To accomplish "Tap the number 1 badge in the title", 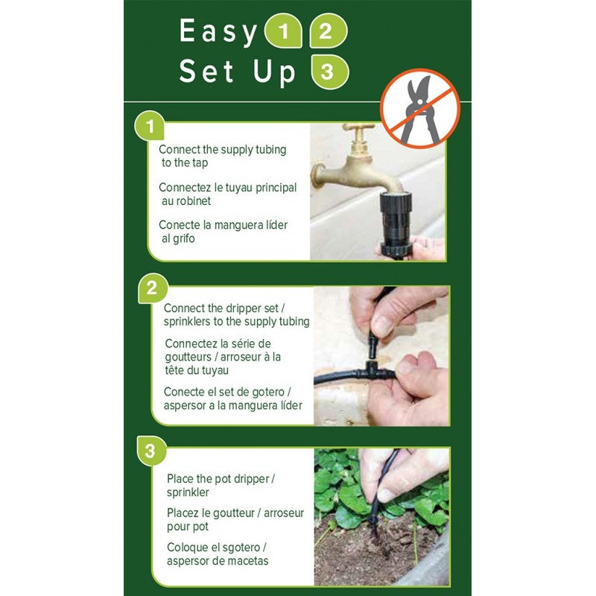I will [282, 32].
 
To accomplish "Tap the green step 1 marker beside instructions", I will [150, 127].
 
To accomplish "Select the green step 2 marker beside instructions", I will [152, 288].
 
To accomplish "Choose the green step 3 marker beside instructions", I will [150, 451].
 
